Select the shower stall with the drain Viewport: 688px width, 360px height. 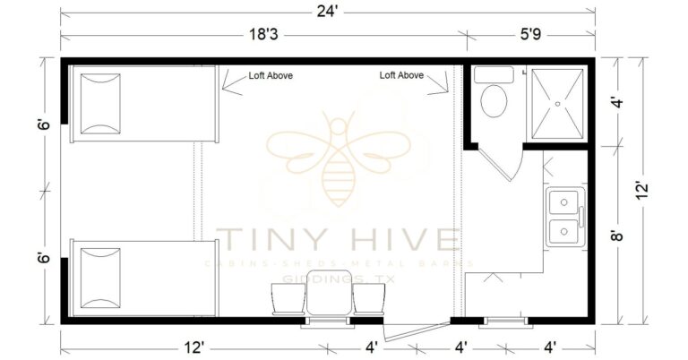(x=557, y=103)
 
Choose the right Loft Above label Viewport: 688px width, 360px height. (x=401, y=76)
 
